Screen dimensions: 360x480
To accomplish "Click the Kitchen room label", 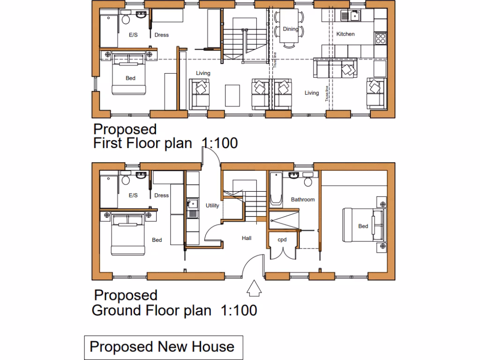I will point(345,34).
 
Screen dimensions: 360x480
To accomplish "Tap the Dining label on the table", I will point(290,29).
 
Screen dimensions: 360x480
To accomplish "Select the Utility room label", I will point(212,205).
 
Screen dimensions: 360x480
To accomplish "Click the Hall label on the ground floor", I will point(247,238).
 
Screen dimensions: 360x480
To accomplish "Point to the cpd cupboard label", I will point(282,239).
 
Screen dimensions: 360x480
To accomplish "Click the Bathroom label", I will point(302,200).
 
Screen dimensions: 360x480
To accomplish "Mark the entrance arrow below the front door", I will point(253,288).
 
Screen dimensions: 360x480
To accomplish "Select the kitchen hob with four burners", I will point(380,37).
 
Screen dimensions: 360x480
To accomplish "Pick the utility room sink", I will point(192,204).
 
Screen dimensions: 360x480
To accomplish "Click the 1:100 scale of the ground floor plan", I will point(238,310).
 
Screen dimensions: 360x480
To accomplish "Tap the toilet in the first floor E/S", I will point(126,19).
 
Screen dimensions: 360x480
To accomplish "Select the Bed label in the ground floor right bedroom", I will point(363,226).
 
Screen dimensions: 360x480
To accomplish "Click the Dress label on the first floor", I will point(161,35).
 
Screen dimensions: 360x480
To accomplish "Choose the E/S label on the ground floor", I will point(133,195).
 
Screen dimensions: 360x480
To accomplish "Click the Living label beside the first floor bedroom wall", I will point(203,73).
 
